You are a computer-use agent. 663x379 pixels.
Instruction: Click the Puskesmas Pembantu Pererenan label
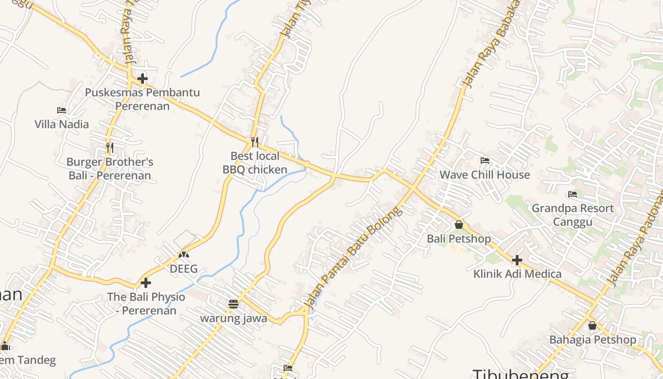click(142, 99)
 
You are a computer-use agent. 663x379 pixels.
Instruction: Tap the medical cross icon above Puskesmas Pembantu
click(143, 79)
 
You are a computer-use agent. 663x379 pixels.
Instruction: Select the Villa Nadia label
click(62, 124)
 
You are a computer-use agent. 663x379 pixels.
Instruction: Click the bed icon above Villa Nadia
click(62, 110)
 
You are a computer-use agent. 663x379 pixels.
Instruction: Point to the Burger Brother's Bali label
click(110, 169)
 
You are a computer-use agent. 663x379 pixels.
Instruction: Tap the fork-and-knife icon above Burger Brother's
click(110, 148)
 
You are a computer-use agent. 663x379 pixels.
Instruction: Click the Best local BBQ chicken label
click(255, 162)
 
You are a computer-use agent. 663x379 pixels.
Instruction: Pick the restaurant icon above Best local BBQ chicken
click(255, 142)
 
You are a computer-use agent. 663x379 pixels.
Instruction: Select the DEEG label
click(183, 269)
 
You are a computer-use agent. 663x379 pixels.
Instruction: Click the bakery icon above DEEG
click(183, 255)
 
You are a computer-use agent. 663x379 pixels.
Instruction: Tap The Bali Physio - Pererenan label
click(146, 303)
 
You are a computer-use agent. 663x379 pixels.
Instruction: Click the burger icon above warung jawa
click(233, 304)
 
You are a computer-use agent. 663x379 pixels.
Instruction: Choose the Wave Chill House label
click(484, 175)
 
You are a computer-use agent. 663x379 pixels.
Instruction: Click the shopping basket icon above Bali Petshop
click(458, 225)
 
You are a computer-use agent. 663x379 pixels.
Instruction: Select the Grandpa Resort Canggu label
click(573, 215)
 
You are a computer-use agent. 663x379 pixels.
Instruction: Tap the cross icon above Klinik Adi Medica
click(517, 260)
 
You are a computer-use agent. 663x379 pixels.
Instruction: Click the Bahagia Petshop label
click(592, 340)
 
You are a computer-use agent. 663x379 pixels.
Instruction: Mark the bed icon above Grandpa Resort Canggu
click(573, 194)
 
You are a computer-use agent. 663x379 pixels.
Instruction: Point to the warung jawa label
click(233, 318)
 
